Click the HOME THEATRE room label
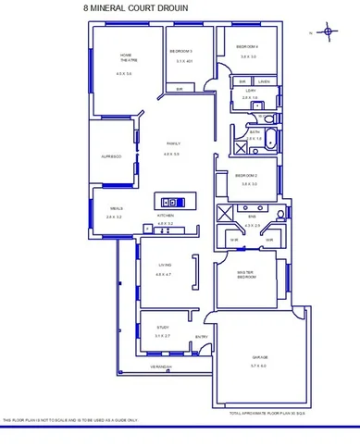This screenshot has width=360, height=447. pyautogui.click(x=124, y=58)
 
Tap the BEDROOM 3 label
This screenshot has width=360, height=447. pyautogui.click(x=181, y=51)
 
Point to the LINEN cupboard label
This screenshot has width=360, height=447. pyautogui.click(x=264, y=81)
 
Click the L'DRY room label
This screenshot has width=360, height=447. pyautogui.click(x=249, y=90)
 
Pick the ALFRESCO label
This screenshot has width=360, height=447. pyautogui.click(x=112, y=156)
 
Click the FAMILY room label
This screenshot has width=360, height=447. pyautogui.click(x=172, y=144)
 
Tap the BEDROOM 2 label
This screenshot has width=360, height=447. pyautogui.click(x=245, y=175)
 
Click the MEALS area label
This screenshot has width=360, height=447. pyautogui.click(x=115, y=208)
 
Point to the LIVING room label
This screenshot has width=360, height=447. pyautogui.click(x=165, y=266)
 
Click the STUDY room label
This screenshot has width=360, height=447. pyautogui.click(x=162, y=328)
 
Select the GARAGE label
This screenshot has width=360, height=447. pyautogui.click(x=258, y=357)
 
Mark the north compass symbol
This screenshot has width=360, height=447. pyautogui.click(x=328, y=32)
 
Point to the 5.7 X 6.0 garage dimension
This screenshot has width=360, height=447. pyautogui.click(x=258, y=366)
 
